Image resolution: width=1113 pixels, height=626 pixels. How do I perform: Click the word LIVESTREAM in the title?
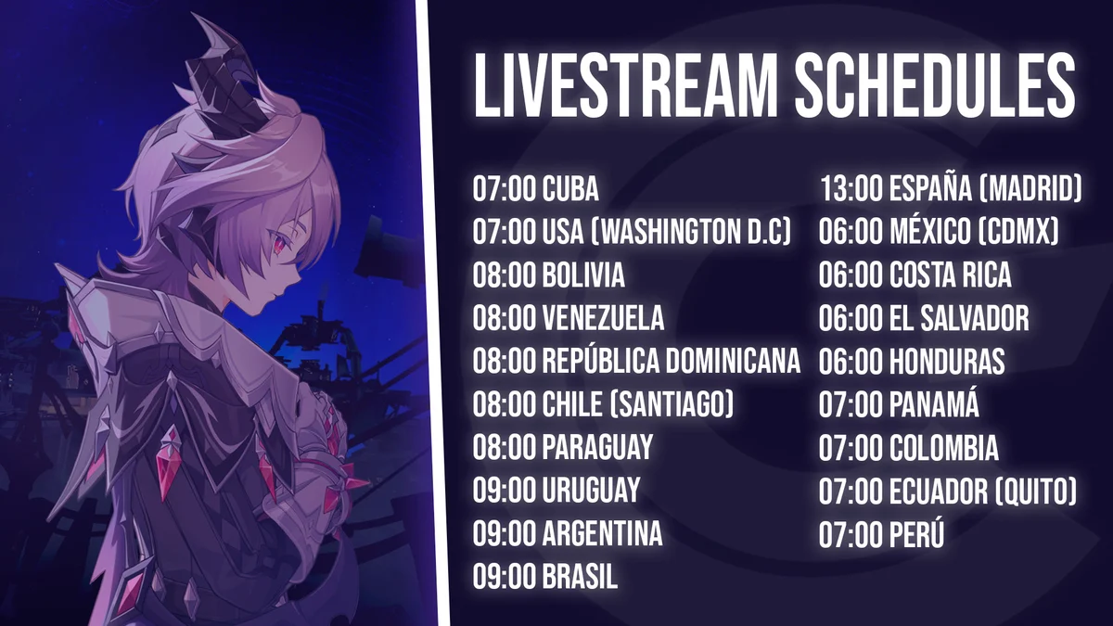click(625, 85)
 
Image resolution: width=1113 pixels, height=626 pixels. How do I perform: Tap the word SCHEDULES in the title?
click(935, 85)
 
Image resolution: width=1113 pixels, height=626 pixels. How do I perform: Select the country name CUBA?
click(570, 189)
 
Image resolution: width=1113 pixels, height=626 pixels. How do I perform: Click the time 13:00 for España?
click(851, 189)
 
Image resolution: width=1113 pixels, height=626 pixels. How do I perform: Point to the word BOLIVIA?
click(583, 275)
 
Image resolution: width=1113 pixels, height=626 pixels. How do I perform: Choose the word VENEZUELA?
click(603, 318)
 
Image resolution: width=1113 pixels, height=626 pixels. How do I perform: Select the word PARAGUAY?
click(597, 447)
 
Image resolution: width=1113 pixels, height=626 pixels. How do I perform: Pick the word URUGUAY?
click(591, 490)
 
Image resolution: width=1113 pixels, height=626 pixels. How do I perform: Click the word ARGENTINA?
click(602, 533)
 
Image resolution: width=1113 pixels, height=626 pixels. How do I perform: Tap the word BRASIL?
click(580, 576)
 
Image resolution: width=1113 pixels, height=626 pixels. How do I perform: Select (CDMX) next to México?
click(1018, 232)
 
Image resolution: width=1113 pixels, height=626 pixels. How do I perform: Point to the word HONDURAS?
click(947, 361)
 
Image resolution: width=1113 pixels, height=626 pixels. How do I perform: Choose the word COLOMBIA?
click(943, 447)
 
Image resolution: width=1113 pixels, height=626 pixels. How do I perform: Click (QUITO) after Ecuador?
click(1029, 491)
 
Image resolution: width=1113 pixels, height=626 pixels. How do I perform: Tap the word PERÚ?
click(916, 534)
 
